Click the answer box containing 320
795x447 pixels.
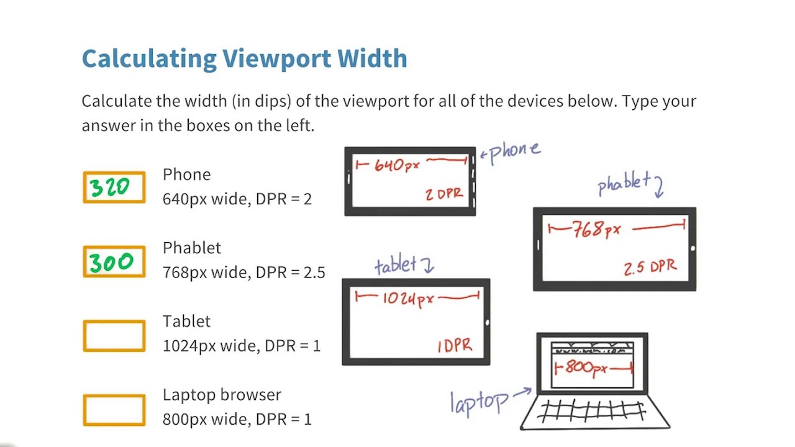coord(114,187)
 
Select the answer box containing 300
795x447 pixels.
coord(114,261)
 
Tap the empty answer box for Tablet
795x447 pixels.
coord(114,336)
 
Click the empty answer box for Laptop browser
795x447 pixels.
coord(114,410)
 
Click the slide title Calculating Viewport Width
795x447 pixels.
coord(244,59)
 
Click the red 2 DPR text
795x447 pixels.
coord(444,194)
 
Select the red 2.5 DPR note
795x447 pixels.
coord(650,268)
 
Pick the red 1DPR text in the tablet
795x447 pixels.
coord(455,346)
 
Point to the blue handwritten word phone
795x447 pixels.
coord(515,151)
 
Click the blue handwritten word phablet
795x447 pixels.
coord(624,184)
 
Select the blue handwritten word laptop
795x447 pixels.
coord(479,402)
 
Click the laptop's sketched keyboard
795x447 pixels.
coord(593,412)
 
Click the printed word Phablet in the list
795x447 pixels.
coord(192,248)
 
